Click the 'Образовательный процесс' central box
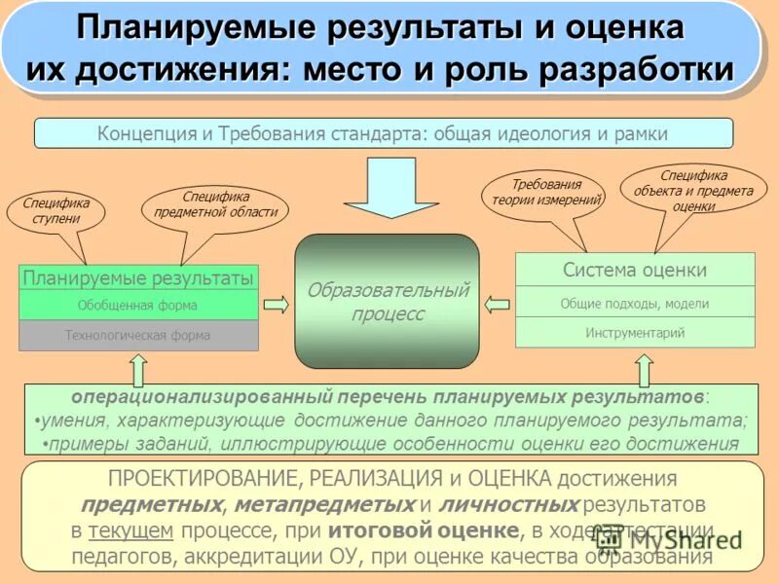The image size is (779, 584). (x=388, y=302)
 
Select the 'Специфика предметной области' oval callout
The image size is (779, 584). (x=215, y=204)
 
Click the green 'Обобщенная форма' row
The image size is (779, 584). (x=138, y=305)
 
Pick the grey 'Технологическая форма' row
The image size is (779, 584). (x=138, y=336)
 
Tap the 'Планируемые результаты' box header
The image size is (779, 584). (x=138, y=278)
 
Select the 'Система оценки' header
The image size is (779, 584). (x=635, y=270)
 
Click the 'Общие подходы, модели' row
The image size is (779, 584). (x=635, y=303)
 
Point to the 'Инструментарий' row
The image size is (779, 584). (x=635, y=333)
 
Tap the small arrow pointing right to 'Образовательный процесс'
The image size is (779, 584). (x=277, y=305)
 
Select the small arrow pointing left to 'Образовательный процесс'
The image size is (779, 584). (x=498, y=304)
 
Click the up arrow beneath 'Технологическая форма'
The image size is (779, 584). (x=138, y=369)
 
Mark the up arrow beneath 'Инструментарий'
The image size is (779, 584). (x=644, y=369)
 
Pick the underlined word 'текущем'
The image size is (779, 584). (x=130, y=530)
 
